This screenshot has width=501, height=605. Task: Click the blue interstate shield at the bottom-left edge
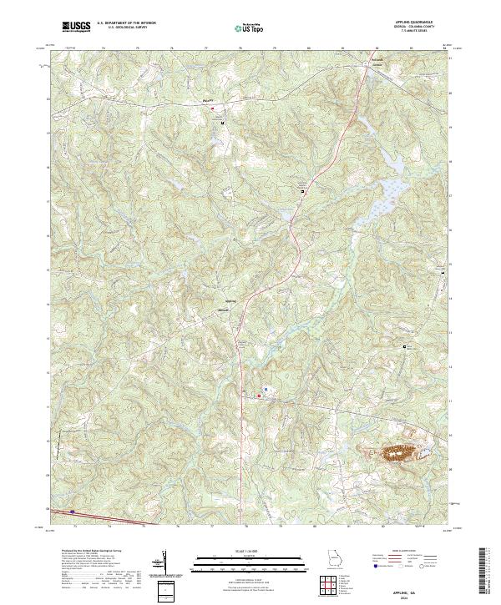click(73, 512)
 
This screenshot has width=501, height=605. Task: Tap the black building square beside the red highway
click(302, 191)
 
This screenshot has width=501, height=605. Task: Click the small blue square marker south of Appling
click(266, 389)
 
